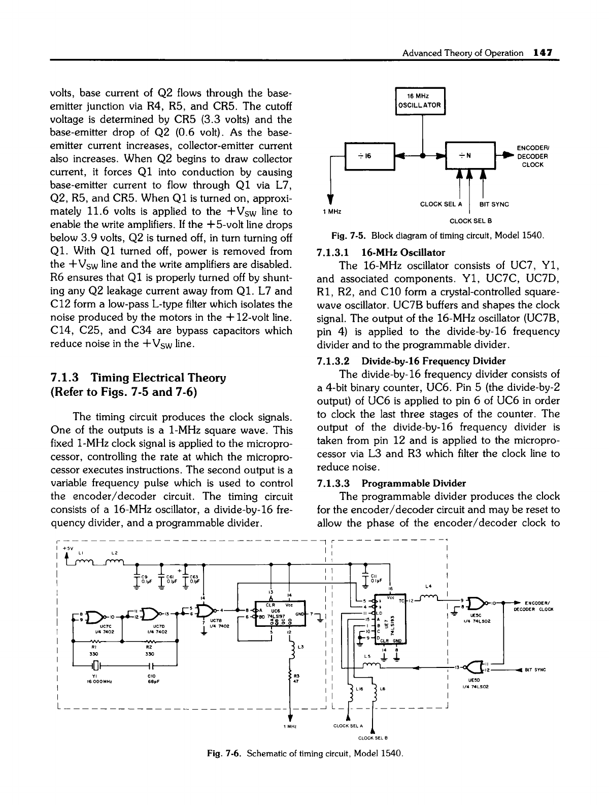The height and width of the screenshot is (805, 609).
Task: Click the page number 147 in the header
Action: click(543, 53)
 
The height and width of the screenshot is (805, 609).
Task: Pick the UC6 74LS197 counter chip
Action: click(276, 615)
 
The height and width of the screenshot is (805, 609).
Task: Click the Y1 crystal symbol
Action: click(95, 666)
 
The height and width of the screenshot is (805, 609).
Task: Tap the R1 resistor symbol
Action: click(94, 642)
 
